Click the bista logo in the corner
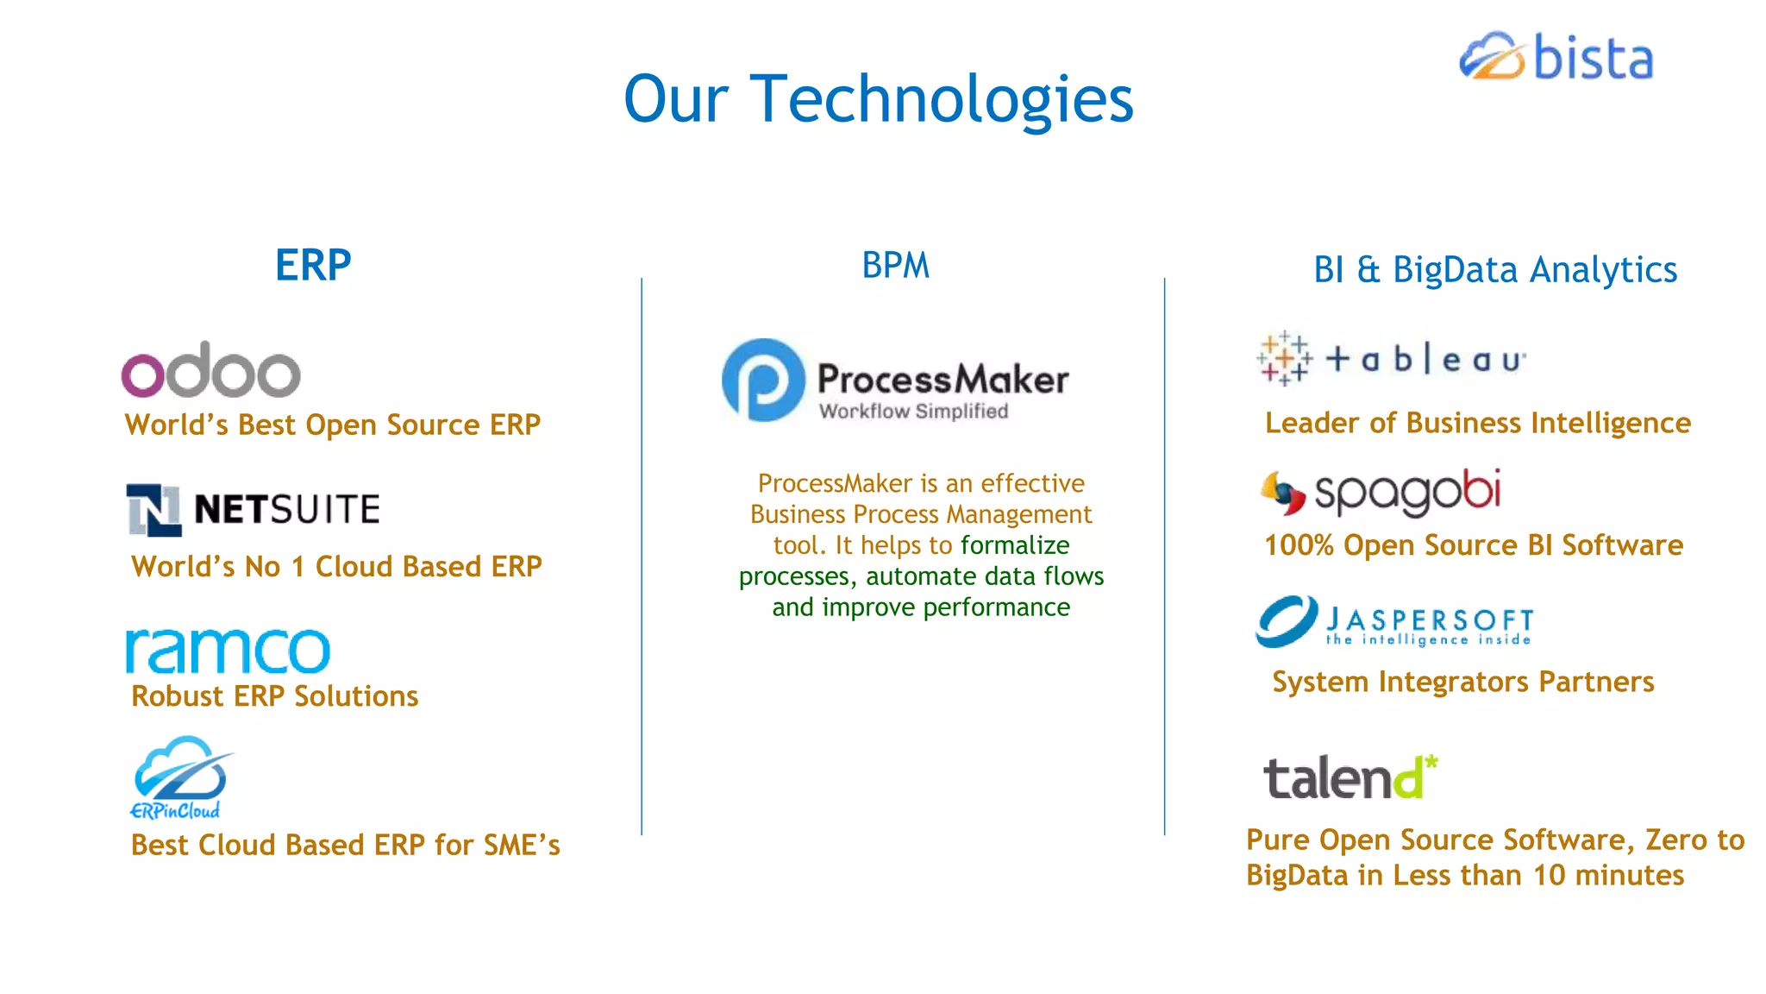(x=1556, y=57)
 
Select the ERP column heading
(x=313, y=265)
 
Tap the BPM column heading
(x=895, y=266)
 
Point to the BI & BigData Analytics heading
(x=1494, y=269)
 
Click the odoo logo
(x=211, y=371)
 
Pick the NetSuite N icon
(x=153, y=509)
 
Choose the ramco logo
(x=228, y=651)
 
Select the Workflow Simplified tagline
(x=913, y=412)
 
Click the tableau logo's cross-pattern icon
(x=1284, y=358)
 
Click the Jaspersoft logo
(x=1394, y=622)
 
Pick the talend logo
(x=1350, y=777)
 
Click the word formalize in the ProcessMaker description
(x=1015, y=545)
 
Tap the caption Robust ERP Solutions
(x=274, y=696)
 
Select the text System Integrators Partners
(x=1462, y=682)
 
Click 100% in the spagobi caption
(x=1298, y=545)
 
